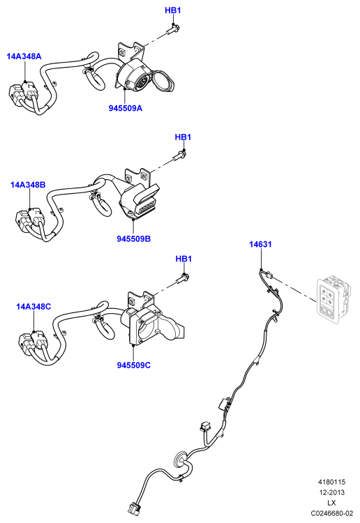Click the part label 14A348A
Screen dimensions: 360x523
(x=24, y=56)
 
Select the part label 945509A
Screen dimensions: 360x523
(x=126, y=108)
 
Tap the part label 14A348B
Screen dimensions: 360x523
(x=28, y=185)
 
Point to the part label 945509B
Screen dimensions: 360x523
(x=134, y=238)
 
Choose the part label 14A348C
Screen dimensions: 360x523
(x=33, y=306)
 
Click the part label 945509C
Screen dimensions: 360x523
(x=134, y=365)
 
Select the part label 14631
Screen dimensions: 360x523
(x=260, y=244)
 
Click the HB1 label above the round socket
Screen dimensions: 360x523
(x=173, y=10)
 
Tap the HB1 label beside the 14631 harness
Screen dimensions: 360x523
(x=183, y=259)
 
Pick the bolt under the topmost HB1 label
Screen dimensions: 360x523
(x=173, y=30)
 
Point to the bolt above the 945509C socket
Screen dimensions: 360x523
(x=183, y=278)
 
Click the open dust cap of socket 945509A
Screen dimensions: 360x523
(x=163, y=81)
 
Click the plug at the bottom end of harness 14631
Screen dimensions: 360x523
(x=133, y=510)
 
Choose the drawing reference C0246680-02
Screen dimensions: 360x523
(x=331, y=514)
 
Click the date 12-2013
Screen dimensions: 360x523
(x=331, y=492)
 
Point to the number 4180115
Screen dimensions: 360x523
(x=331, y=482)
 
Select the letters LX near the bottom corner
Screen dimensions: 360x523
(x=331, y=503)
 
